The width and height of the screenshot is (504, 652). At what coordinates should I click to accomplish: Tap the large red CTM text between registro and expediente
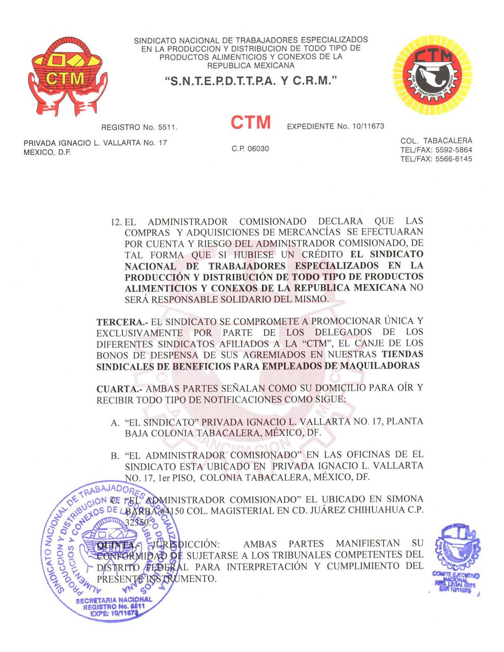click(251, 122)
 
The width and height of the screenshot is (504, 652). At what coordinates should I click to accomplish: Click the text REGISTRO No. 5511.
click(139, 127)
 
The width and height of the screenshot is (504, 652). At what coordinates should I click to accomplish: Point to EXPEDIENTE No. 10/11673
click(335, 126)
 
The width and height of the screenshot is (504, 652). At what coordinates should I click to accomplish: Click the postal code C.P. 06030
click(250, 149)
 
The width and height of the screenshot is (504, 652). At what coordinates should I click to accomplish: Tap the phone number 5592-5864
click(453, 150)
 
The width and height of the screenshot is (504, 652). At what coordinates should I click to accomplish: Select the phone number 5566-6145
click(453, 159)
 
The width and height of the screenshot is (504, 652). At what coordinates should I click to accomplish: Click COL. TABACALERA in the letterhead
click(436, 141)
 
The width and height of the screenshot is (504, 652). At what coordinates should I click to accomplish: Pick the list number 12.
click(116, 222)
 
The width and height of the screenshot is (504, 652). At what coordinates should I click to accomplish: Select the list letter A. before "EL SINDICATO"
click(115, 423)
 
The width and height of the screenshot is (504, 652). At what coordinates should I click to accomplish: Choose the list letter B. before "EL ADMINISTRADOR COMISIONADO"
click(115, 456)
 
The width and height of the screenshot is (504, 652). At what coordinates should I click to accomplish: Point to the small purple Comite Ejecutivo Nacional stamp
click(457, 557)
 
